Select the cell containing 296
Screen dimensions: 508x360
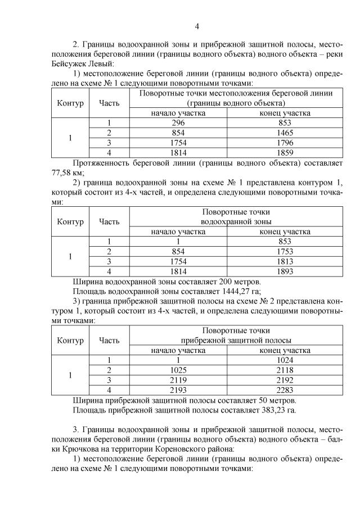click(x=178, y=123)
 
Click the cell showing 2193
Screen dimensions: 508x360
click(x=178, y=390)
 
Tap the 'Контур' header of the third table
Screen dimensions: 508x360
click(x=70, y=340)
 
